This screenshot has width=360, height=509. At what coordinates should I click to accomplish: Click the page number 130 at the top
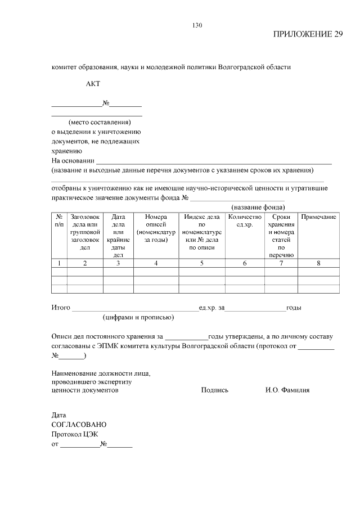[197, 25]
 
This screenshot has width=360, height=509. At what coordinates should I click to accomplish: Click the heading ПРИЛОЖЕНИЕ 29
[308, 34]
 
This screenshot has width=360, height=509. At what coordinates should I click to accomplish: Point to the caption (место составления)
[99, 122]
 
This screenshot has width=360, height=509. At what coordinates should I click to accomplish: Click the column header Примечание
[319, 217]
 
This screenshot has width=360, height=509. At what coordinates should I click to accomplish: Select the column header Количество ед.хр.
[245, 220]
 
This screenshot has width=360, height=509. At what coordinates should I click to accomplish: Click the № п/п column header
[59, 220]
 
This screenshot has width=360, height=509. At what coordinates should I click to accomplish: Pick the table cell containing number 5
[201, 263]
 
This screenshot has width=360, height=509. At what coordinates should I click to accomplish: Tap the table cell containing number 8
[319, 263]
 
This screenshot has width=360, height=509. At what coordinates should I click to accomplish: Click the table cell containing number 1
[59, 263]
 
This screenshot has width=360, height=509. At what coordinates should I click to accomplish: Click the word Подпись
[214, 390]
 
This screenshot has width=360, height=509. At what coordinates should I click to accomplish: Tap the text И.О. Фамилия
[287, 390]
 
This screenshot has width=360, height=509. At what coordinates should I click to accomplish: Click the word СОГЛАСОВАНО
[79, 425]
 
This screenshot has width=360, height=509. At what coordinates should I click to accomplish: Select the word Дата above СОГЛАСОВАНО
[59, 415]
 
